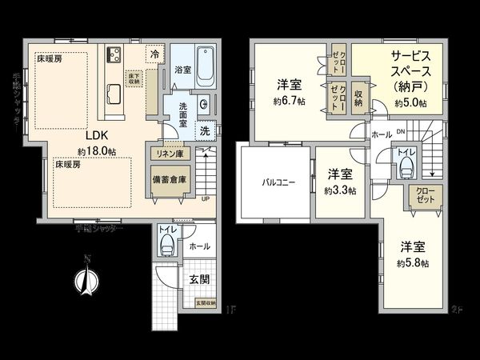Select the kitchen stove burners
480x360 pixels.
[x=113, y=54]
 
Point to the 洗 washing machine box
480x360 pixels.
[x=204, y=130]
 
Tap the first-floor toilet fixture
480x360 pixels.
[x=166, y=245]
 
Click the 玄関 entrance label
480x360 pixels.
[x=200, y=279]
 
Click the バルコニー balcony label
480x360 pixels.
[x=278, y=182]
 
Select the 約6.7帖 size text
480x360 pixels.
[x=288, y=101]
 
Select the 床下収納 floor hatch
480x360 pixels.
[x=134, y=78]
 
